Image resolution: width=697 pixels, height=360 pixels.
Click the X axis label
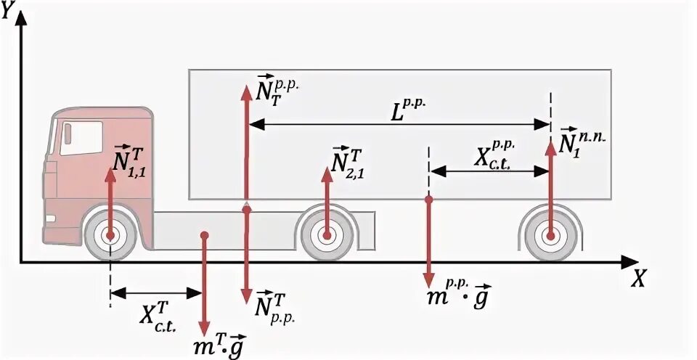638,279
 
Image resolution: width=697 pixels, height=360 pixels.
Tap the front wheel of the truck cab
110,235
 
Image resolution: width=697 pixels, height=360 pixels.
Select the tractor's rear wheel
326,234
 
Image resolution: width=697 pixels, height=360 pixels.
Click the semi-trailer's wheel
551,235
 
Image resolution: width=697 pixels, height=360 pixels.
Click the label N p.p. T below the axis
274,306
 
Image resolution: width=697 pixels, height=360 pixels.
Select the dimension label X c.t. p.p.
492,152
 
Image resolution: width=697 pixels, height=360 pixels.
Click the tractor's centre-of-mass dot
205,235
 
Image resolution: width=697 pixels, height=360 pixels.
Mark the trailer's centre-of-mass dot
429,199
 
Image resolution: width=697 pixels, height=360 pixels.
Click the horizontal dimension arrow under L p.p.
399,126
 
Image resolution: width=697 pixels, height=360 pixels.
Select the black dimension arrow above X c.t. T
156,293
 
